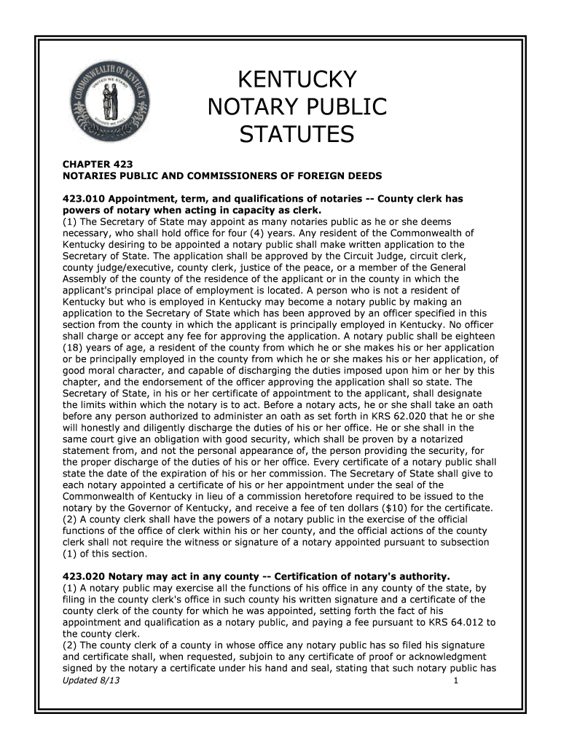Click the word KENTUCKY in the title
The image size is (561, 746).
click(297, 79)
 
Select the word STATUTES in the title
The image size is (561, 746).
click(297, 135)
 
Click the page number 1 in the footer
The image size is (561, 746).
click(455, 680)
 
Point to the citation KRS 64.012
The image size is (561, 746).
click(452, 622)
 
